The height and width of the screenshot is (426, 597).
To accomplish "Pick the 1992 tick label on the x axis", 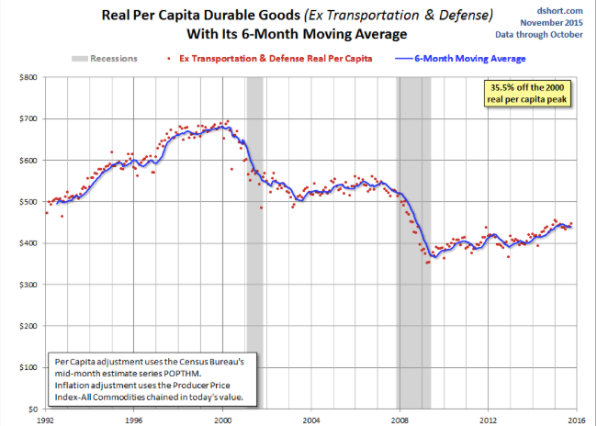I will pyautogui.click(x=46, y=418).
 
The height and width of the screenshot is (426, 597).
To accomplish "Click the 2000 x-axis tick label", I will pyautogui.click(x=223, y=418).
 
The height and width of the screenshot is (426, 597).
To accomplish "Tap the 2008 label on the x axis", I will pyautogui.click(x=400, y=418).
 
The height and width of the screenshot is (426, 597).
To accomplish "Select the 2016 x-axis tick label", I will pyautogui.click(x=577, y=418).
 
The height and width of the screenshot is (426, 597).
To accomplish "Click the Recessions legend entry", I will pyautogui.click(x=106, y=59).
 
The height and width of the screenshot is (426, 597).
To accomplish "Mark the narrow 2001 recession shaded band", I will pyautogui.click(x=253, y=230).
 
